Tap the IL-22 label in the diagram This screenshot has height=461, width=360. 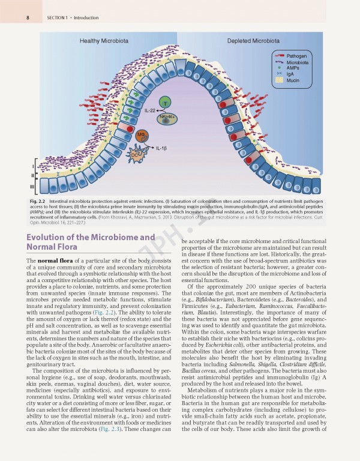pyautogui.click(x=150, y=111)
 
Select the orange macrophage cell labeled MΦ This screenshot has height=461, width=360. pyautogui.click(x=142, y=134)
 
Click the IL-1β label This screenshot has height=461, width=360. pyautogui.click(x=161, y=147)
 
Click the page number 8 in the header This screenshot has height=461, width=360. pyautogui.click(x=28, y=17)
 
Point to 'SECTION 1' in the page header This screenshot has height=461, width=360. pyautogui.click(x=58, y=17)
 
